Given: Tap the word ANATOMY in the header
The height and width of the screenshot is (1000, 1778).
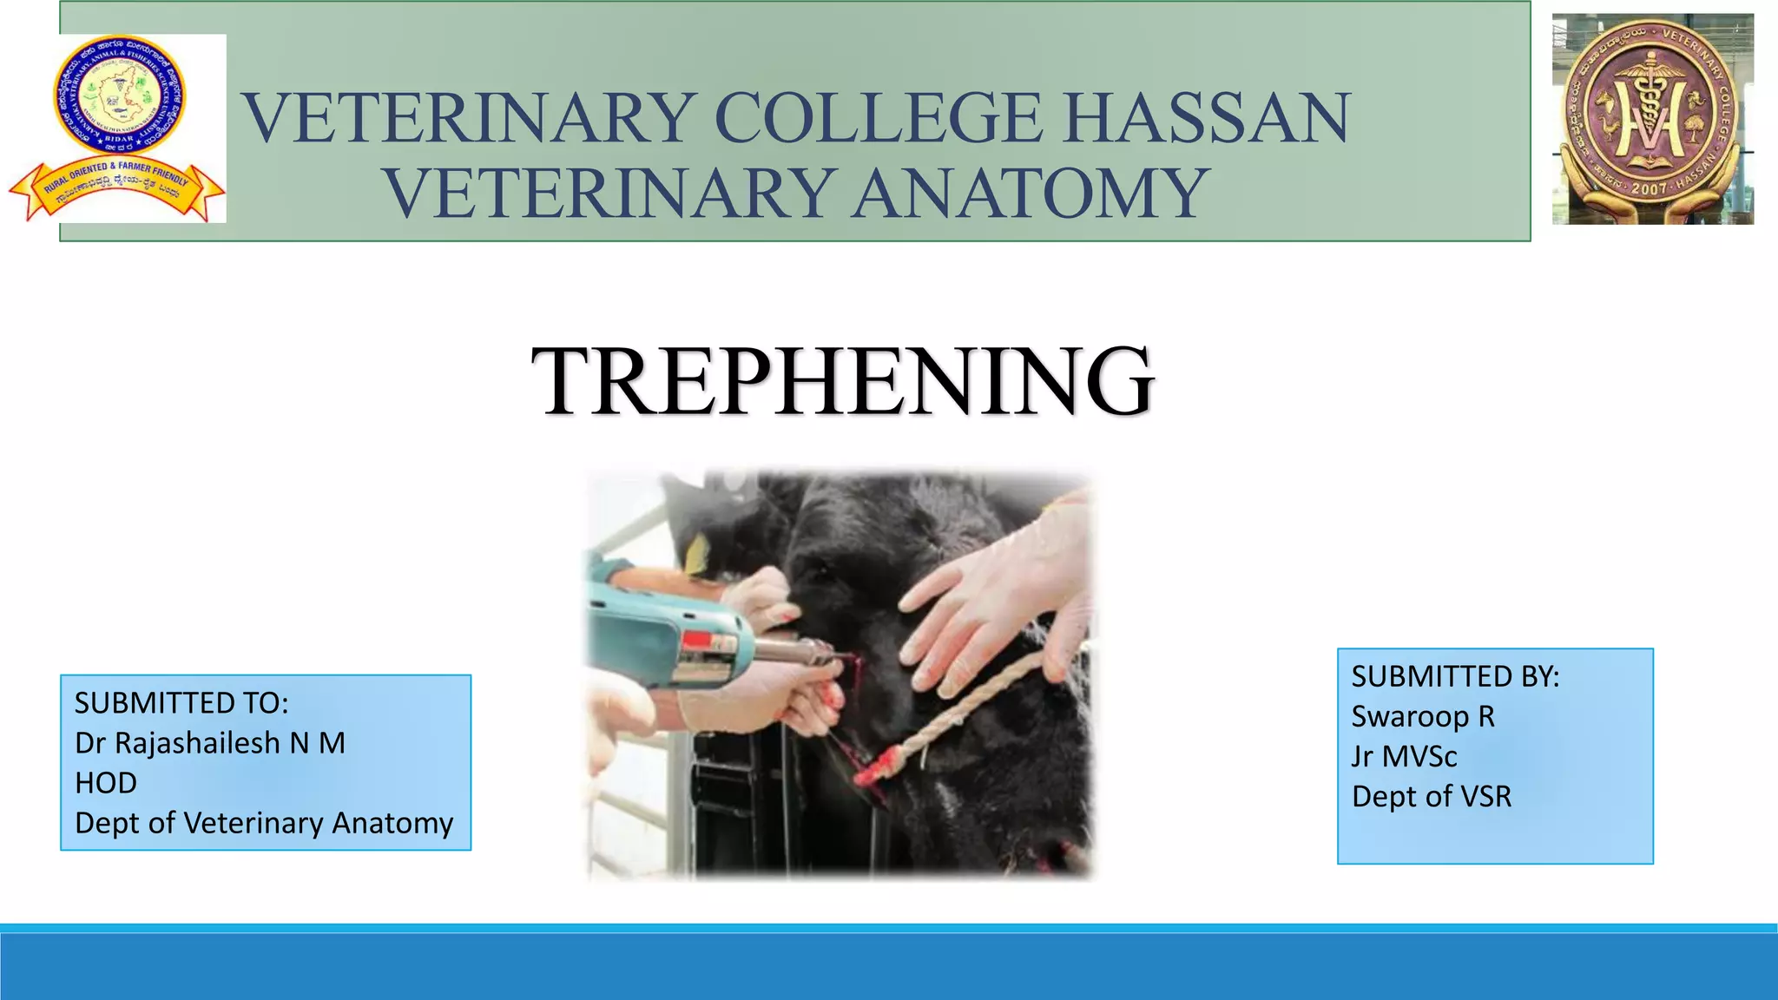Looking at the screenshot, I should pos(1030,193).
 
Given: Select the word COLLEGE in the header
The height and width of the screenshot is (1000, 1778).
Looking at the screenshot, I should pos(877,118).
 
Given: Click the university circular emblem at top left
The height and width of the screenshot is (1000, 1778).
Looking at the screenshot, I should pos(119,95).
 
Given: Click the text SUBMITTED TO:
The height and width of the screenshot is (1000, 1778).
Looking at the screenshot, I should pos(181,703).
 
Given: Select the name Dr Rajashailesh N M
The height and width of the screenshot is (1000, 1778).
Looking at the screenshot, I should pos(210,743).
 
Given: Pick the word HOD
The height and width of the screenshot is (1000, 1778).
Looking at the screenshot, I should pos(106,783).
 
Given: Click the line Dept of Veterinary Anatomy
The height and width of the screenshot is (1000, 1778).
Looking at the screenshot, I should pos(264,823).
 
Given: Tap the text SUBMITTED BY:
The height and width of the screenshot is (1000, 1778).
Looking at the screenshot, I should pos(1455,676).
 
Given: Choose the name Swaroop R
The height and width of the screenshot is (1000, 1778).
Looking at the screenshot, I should pos(1423,716).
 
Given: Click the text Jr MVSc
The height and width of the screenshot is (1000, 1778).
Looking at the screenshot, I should pos(1404,756).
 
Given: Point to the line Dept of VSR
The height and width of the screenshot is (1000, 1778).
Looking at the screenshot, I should pos(1432,796).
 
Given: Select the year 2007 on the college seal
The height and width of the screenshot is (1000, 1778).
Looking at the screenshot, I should pos(1649,188).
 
